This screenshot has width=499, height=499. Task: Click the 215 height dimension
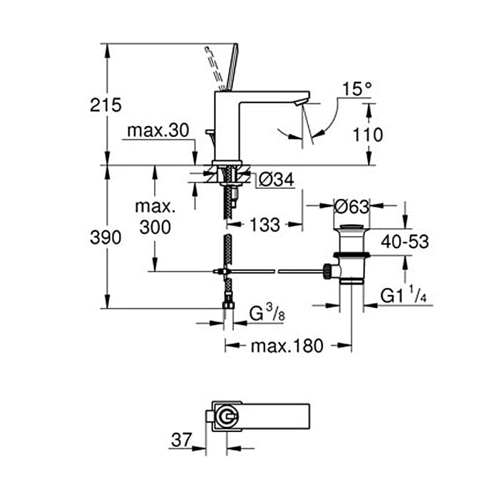(x=106, y=105)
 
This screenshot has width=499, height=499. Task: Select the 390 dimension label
(x=106, y=237)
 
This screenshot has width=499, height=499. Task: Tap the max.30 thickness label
(x=158, y=130)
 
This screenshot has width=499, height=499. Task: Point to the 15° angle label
(x=356, y=89)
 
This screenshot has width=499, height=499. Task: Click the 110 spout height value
(x=368, y=135)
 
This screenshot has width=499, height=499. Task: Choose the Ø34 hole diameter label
(x=277, y=180)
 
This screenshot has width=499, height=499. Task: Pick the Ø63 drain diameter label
(x=351, y=207)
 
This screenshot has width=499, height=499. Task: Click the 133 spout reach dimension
(x=264, y=225)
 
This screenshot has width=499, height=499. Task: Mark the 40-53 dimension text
(x=405, y=242)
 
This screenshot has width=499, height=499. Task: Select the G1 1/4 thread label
(x=403, y=294)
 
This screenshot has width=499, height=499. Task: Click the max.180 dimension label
(x=287, y=346)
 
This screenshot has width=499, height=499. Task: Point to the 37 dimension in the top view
(x=182, y=440)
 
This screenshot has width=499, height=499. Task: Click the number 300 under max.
(x=155, y=227)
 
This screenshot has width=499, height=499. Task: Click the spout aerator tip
(x=302, y=102)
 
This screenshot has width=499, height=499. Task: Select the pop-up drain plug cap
(x=351, y=227)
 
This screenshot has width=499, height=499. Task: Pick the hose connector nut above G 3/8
(x=228, y=306)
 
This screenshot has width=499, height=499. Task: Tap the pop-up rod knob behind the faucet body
(x=210, y=132)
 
